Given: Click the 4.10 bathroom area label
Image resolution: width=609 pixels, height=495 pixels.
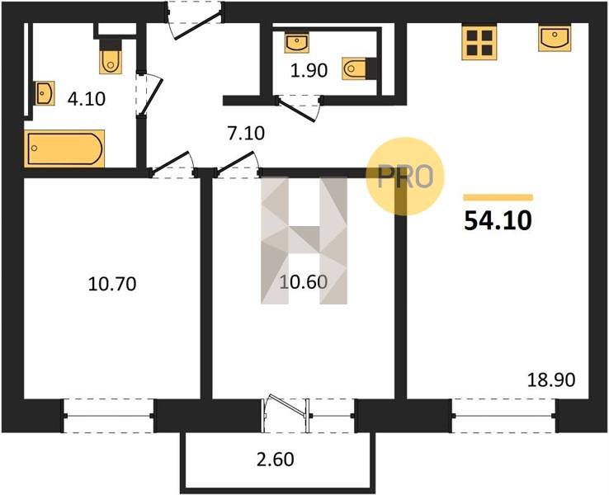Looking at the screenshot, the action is pyautogui.click(x=86, y=99).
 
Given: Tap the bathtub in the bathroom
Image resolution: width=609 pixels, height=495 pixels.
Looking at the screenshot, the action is pyautogui.click(x=64, y=148).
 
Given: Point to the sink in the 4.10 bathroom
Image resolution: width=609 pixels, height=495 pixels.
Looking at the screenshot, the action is pyautogui.click(x=44, y=93).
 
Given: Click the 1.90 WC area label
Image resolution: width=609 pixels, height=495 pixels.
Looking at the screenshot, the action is pyautogui.click(x=309, y=71).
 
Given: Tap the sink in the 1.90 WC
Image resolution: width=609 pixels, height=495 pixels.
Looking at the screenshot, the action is pyautogui.click(x=297, y=43).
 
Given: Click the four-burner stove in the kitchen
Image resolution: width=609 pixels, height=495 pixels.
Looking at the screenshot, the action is pyautogui.click(x=479, y=43).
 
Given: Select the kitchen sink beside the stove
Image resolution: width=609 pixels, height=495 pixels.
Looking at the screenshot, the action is pyautogui.click(x=555, y=38).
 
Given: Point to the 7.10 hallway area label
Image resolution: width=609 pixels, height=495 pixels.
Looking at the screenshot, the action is pyautogui.click(x=245, y=133).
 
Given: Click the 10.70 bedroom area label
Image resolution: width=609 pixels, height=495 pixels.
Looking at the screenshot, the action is pyautogui.click(x=112, y=284).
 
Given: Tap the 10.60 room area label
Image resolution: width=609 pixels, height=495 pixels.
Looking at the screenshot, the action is pyautogui.click(x=304, y=282).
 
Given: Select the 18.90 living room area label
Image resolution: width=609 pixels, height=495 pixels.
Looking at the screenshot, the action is pyautogui.click(x=550, y=380).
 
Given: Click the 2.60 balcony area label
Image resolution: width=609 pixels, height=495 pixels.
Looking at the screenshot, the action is pyautogui.click(x=276, y=460).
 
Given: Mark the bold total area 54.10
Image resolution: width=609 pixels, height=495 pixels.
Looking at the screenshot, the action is pyautogui.click(x=498, y=221).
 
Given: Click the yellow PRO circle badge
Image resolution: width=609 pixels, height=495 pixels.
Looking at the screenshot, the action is pyautogui.click(x=404, y=176).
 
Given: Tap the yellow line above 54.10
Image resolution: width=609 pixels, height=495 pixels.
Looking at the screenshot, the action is pyautogui.click(x=498, y=198).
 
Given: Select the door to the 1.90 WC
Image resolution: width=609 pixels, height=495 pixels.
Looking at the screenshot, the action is pyautogui.click(x=299, y=108).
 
